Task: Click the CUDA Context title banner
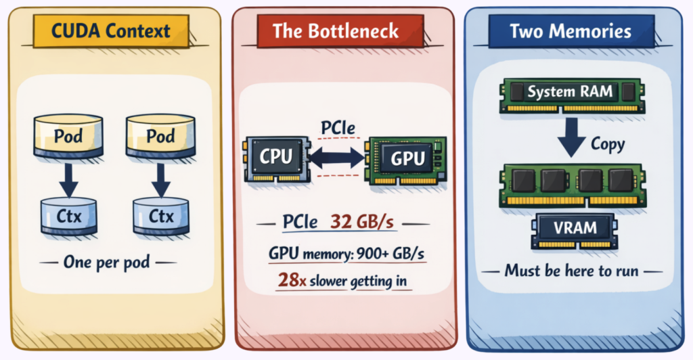click(112, 30)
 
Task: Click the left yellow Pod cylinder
click(68, 136)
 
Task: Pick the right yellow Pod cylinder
click(160, 136)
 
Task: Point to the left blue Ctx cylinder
click(68, 216)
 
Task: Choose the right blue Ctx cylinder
click(160, 216)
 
